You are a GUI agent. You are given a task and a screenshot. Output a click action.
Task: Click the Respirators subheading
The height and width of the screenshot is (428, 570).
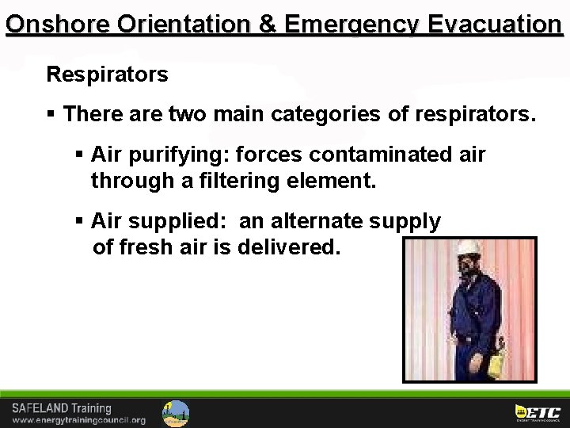point(107,75)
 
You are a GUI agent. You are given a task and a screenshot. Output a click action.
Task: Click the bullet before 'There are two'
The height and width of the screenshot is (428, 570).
point(51,115)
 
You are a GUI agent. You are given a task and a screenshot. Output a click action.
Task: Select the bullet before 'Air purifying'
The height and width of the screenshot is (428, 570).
point(79,154)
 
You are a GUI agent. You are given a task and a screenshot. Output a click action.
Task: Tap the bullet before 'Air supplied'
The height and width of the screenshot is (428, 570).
point(79,221)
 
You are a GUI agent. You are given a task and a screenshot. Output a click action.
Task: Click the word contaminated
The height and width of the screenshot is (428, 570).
point(376,154)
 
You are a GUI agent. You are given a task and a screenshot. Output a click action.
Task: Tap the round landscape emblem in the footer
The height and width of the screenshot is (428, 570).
point(176,413)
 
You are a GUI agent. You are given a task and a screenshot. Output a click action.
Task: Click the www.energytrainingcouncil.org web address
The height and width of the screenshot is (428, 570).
point(78,420)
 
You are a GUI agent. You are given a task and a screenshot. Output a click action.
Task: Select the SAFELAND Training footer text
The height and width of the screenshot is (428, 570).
point(62,407)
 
